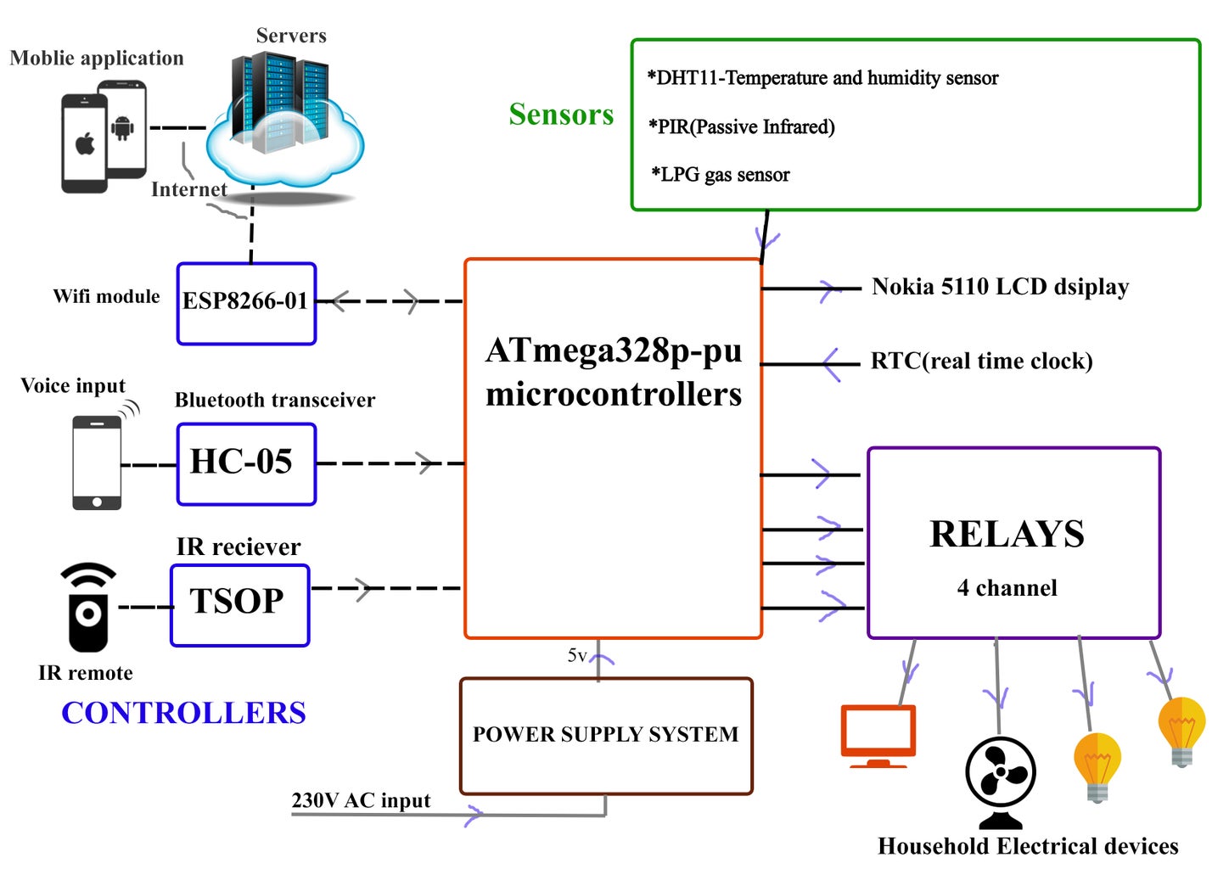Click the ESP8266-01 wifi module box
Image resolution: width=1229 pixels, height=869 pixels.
click(x=246, y=303)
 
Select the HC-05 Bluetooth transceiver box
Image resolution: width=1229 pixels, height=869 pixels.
click(x=246, y=463)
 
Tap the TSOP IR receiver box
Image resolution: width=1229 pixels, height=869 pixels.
click(x=239, y=604)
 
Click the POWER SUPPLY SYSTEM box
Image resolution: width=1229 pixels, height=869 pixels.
click(x=606, y=735)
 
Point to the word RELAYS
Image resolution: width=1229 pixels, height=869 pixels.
click(x=1007, y=535)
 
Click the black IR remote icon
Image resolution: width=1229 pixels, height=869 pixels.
click(x=88, y=607)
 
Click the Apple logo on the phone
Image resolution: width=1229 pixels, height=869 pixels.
click(x=85, y=144)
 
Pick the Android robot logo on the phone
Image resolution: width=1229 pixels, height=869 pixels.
click(x=123, y=128)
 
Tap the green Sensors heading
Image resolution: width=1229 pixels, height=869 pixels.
click(x=561, y=115)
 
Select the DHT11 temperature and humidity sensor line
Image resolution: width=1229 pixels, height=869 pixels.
click(x=822, y=78)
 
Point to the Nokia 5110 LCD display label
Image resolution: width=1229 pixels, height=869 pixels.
click(x=1000, y=287)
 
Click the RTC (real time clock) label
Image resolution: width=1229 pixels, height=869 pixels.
click(x=981, y=362)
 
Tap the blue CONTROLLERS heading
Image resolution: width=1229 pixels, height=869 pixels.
click(x=183, y=713)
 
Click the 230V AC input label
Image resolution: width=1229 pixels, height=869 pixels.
click(x=361, y=800)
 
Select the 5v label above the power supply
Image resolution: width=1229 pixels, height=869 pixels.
click(x=576, y=655)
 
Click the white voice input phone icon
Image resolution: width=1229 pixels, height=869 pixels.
click(x=97, y=463)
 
